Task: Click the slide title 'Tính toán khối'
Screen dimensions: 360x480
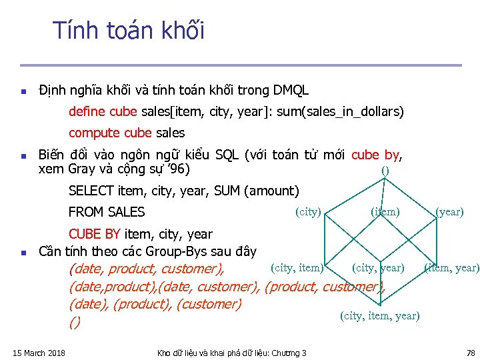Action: (129, 31)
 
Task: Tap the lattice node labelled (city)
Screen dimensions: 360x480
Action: (308, 212)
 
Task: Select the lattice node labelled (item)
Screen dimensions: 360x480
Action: (385, 212)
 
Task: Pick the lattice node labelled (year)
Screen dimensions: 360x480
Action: (449, 212)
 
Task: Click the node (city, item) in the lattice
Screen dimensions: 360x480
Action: (297, 268)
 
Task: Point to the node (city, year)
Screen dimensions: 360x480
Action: (378, 268)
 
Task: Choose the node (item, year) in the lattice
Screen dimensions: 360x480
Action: (451, 268)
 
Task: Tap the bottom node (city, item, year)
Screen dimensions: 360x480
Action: (380, 315)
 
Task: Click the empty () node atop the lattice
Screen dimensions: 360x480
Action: (385, 170)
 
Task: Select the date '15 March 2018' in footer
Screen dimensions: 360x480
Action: (39, 353)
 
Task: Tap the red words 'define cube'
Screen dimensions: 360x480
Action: (103, 111)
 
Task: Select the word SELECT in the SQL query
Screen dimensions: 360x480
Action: (91, 191)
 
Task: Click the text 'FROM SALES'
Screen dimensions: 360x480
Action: (107, 212)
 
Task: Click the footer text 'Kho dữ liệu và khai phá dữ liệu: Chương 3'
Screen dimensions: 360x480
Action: (231, 353)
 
